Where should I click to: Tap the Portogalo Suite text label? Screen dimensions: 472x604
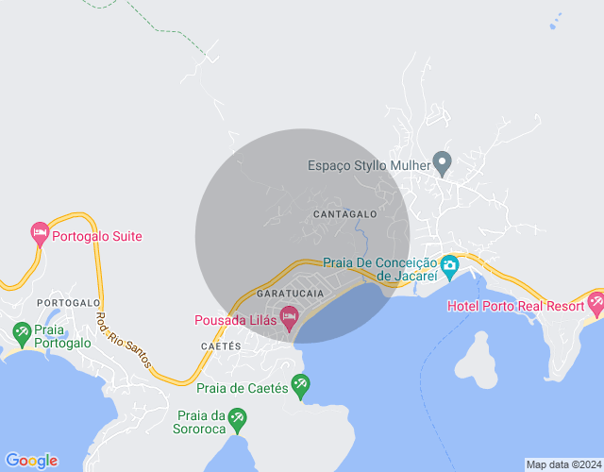[x=97, y=236]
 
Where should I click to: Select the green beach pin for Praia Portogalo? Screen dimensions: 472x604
[x=22, y=331]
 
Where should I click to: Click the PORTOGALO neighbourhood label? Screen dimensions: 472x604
[x=68, y=302]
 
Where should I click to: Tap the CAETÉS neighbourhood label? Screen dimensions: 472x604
[x=221, y=346]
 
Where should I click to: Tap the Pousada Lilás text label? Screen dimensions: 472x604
[x=235, y=321]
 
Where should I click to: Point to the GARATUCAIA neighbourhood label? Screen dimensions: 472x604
[x=290, y=294]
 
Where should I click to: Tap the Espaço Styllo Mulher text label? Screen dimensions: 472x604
[x=369, y=165]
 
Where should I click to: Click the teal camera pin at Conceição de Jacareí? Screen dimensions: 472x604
[x=449, y=265]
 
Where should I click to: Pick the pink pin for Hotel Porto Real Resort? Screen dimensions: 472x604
[x=596, y=303]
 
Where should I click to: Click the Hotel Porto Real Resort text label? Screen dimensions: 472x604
[x=514, y=306]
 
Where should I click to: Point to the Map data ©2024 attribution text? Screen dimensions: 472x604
[x=563, y=464]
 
